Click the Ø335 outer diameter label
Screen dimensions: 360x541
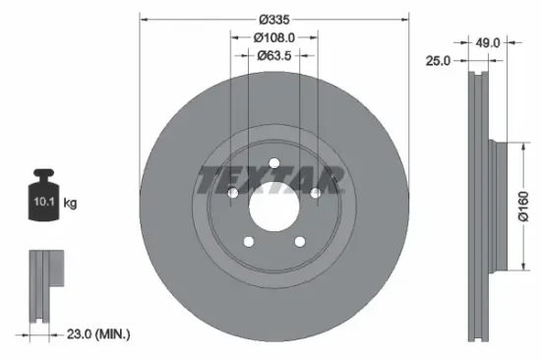pos(273,19)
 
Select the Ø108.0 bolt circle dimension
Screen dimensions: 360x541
pos(273,37)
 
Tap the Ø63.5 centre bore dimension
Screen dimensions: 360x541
pos(273,56)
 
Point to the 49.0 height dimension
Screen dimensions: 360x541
pos(489,42)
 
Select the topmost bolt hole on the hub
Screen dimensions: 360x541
pos(273,162)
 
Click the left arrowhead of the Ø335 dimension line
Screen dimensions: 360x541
pos(143,19)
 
